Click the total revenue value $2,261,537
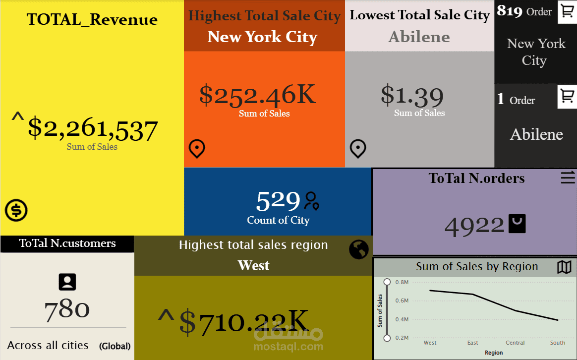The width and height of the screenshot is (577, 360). point(93,129)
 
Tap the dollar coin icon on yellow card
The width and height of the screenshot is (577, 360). point(16,210)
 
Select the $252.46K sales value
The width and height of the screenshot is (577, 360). point(257,95)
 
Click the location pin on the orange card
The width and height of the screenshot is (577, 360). point(197,149)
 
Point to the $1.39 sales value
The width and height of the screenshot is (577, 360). point(412,95)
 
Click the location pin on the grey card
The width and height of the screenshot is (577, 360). point(358,149)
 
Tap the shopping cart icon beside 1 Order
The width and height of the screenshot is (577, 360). point(567,96)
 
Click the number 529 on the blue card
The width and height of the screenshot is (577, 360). point(278,201)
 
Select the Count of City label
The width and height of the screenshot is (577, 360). point(278,220)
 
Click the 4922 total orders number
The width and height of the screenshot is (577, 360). point(474,226)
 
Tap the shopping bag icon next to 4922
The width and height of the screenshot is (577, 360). point(517,224)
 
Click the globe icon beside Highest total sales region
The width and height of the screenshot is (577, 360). point(359,249)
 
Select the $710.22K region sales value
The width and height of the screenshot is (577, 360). point(243,322)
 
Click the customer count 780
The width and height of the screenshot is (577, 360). point(67,309)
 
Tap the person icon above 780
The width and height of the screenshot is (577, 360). point(67,282)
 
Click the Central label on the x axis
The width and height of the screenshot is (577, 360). point(515,343)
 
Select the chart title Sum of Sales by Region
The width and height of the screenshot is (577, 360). point(477,267)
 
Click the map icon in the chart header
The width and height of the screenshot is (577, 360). point(564,267)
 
